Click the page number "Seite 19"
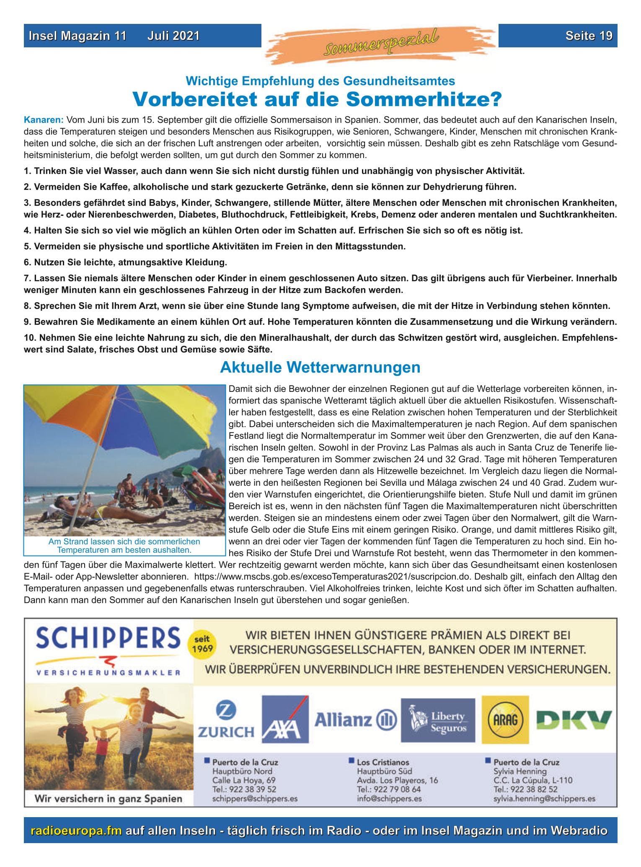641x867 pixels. coord(589,36)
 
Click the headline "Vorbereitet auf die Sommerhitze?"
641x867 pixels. coord(317,100)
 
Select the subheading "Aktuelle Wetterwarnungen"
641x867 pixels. coord(320,368)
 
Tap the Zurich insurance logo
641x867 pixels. coord(226,720)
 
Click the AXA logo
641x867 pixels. coord(285,720)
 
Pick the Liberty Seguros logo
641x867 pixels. coord(438,720)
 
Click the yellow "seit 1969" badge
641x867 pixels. coord(203,645)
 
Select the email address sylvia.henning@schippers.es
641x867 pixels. coord(544,799)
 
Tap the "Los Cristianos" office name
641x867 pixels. coord(383,762)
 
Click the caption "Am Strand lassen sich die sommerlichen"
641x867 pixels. coord(124,541)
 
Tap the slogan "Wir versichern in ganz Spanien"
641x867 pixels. coord(108,798)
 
